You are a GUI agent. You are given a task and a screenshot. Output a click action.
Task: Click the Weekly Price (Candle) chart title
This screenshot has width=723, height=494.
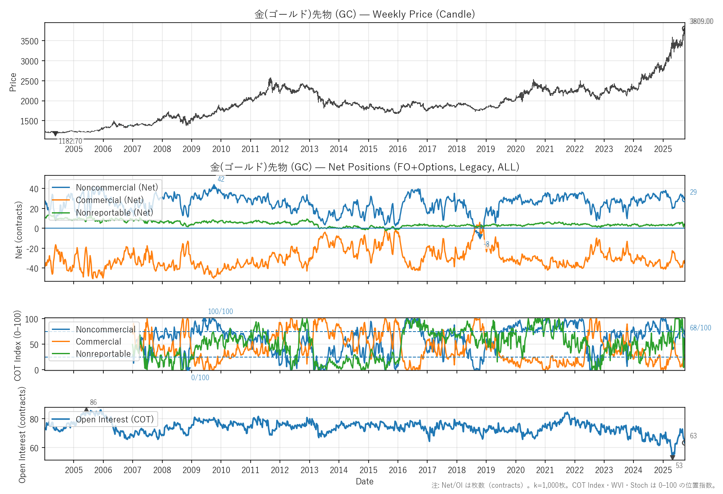click(364, 14)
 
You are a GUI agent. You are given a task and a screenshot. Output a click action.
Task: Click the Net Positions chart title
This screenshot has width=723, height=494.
click(364, 167)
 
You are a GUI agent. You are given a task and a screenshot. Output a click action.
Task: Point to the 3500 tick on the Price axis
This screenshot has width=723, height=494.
click(29, 41)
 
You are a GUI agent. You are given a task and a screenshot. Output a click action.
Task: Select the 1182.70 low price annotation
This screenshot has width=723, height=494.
click(70, 141)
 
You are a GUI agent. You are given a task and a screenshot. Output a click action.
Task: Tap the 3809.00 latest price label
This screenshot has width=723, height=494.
click(701, 21)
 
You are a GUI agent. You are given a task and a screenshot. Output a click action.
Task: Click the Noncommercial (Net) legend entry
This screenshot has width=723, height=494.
click(117, 188)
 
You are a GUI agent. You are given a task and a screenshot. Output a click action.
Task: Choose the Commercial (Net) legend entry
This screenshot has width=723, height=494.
click(110, 200)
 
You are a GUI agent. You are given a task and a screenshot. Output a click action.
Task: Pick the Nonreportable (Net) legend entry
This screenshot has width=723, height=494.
click(114, 213)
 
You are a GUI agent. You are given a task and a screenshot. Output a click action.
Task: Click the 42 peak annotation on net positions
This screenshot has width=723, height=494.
click(221, 179)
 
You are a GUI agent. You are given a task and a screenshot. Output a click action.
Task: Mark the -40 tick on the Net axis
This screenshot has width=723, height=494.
click(32, 268)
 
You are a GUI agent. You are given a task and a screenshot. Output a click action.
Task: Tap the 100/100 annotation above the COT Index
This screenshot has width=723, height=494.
click(220, 311)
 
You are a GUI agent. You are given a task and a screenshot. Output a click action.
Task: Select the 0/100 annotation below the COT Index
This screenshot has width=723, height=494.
click(200, 378)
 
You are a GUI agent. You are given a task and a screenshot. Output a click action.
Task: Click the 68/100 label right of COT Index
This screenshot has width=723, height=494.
click(700, 328)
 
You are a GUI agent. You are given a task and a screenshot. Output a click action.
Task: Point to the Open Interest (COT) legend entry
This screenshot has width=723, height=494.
click(115, 419)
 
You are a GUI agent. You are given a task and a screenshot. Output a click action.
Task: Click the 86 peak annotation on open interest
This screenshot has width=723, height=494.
click(93, 402)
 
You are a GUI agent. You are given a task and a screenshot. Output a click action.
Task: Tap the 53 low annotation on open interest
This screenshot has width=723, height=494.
click(679, 466)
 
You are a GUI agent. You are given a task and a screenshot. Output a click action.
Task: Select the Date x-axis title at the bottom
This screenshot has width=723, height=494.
click(364, 481)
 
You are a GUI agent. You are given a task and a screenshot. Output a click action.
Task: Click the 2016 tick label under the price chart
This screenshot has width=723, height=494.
click(397, 149)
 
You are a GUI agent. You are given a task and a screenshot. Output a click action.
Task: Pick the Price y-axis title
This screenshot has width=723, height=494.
click(13, 82)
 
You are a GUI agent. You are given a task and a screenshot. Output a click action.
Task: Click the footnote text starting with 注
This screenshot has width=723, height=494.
click(574, 485)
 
